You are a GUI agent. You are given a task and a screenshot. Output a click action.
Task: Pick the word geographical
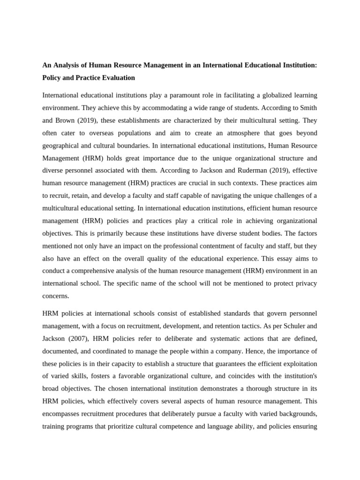62,145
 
